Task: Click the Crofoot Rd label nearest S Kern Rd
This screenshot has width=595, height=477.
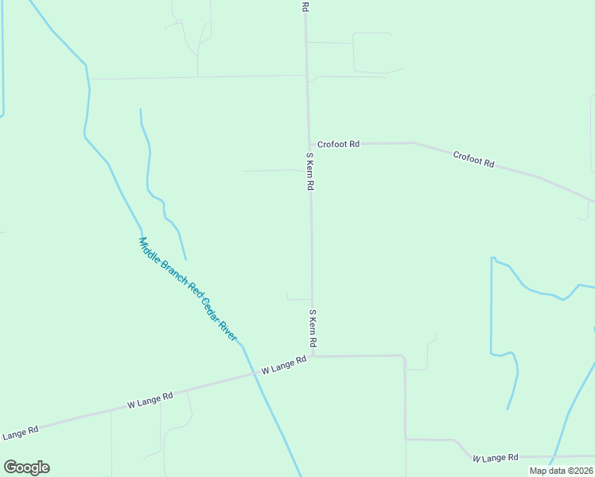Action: point(338,144)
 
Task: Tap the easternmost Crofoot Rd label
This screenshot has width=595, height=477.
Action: point(474,159)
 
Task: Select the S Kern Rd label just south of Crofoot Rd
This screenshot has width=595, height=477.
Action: point(311,171)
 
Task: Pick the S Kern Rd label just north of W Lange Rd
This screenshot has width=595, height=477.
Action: point(313,328)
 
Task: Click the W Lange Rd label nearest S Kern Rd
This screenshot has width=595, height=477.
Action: point(284,365)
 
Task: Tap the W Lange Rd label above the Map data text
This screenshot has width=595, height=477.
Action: point(495,458)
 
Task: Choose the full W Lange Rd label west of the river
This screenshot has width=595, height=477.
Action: point(150,400)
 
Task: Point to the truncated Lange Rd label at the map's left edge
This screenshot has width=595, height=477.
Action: point(19,434)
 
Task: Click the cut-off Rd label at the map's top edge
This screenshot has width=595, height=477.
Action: point(305,6)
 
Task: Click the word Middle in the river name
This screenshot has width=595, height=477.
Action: point(150,248)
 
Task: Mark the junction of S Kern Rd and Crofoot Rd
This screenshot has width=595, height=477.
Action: point(309,144)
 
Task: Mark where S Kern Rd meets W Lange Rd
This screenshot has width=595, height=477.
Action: point(313,356)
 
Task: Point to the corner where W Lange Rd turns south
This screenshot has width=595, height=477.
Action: point(404,357)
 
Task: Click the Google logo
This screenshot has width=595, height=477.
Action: point(26,467)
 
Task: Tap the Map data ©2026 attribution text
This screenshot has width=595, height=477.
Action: point(561,471)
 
